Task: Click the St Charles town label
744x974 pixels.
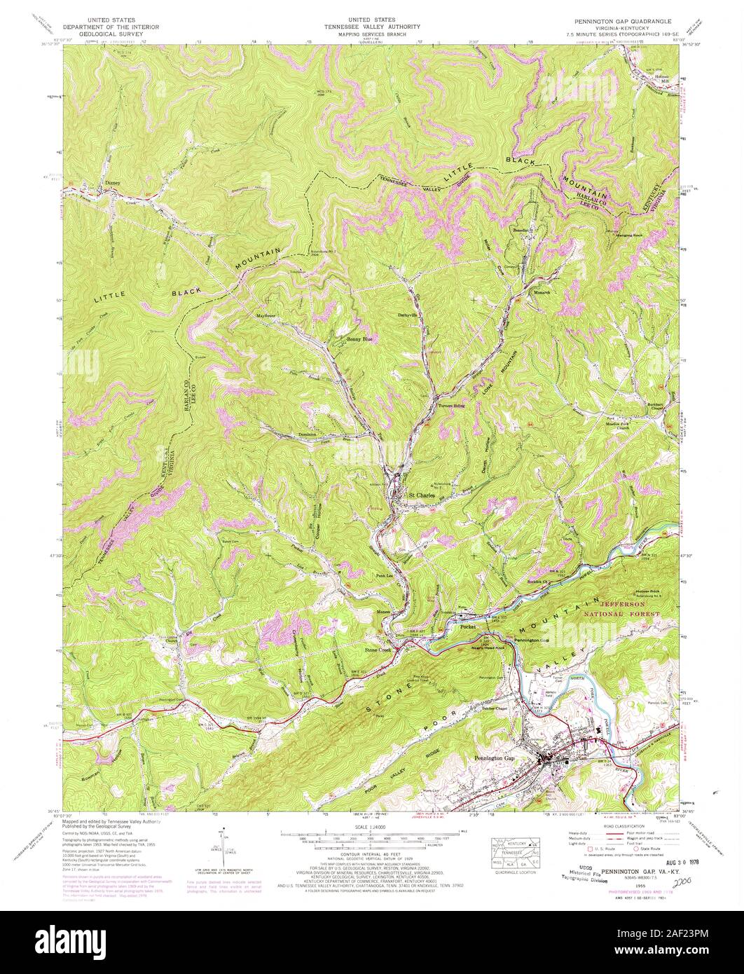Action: [x=422, y=495]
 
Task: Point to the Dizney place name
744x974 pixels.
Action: [x=113, y=183]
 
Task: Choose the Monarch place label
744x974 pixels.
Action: [x=543, y=292]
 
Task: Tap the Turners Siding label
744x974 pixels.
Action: [x=451, y=405]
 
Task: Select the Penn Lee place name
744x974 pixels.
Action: [x=379, y=575]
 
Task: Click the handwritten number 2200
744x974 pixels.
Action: [x=677, y=865]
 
